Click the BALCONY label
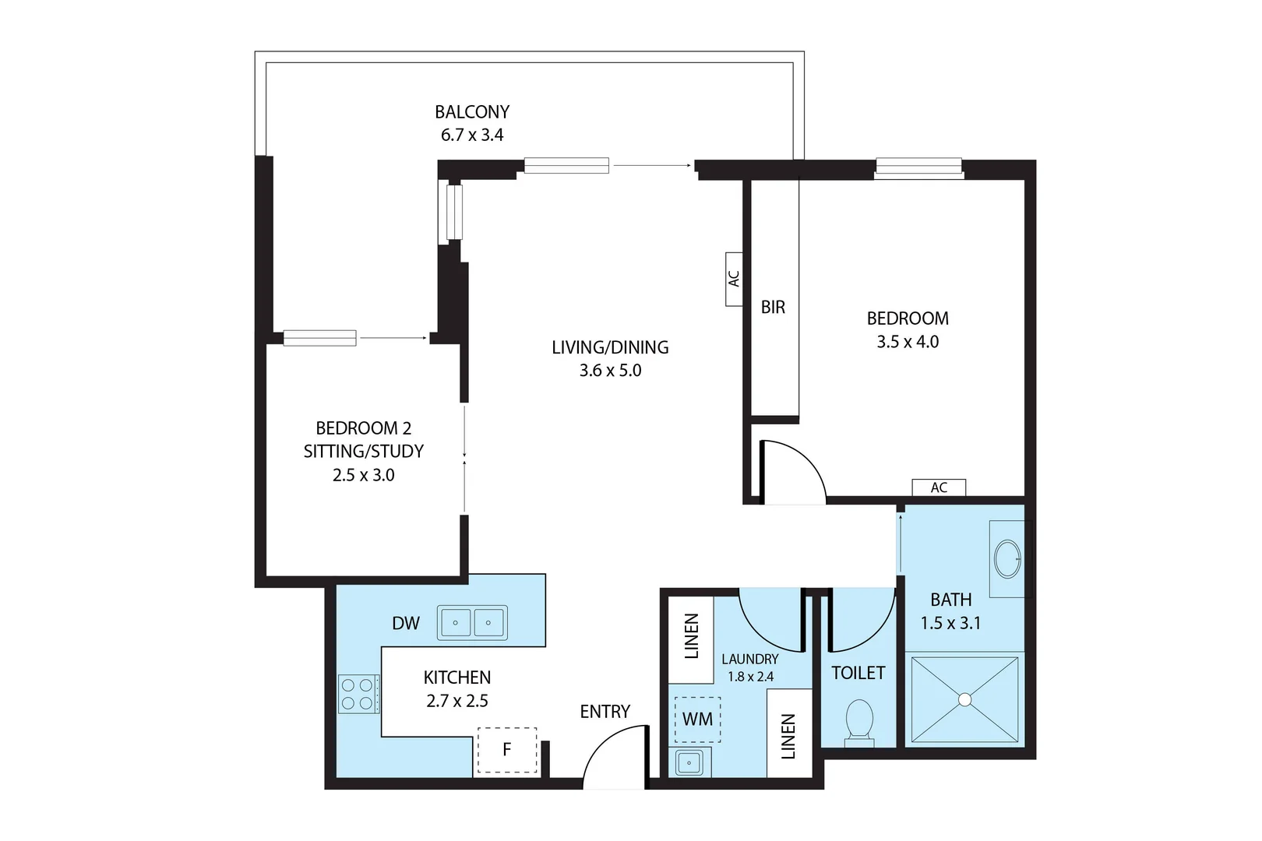[x=472, y=112]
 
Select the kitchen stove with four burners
[x=358, y=695]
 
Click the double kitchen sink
[x=472, y=623]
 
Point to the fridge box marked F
[x=507, y=750]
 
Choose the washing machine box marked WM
[x=697, y=720]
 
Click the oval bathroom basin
[x=1008, y=558]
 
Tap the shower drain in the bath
[x=965, y=699]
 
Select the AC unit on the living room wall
[x=734, y=279]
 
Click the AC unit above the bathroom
[x=939, y=487]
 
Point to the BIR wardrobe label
[x=773, y=308]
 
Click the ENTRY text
[x=605, y=712]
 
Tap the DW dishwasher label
[x=406, y=623]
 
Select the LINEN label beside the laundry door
[x=692, y=636]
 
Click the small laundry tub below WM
[x=689, y=762]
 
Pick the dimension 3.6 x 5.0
[x=610, y=371]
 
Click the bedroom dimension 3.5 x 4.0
[x=908, y=342]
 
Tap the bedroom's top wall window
[x=918, y=168]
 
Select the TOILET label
[x=858, y=673]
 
